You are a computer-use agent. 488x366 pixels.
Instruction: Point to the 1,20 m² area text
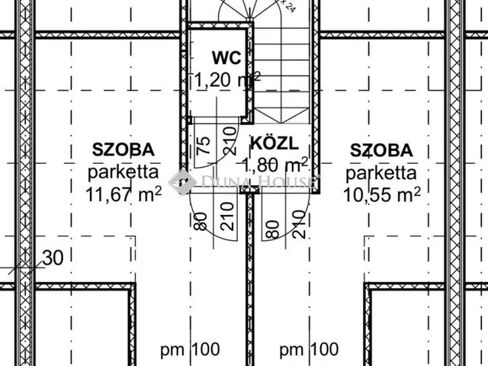coord(226,79)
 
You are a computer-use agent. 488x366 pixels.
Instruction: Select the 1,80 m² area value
coord(274,164)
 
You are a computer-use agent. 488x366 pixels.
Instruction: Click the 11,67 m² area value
coord(124,193)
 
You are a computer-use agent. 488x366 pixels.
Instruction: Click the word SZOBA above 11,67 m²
coord(123,149)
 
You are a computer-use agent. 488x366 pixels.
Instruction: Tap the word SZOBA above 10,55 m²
coord(383,149)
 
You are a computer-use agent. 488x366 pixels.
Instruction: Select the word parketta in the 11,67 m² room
coord(123,171)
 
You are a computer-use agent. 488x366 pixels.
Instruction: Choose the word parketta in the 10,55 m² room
coord(383,171)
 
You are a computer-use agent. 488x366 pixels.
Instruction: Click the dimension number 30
coord(53,258)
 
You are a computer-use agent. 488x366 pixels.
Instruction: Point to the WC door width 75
coord(204,146)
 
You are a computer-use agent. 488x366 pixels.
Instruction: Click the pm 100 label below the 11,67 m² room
coord(189,350)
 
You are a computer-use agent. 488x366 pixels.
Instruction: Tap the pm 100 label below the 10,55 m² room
coord(309,350)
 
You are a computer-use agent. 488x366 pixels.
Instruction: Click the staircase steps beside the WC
coord(282,69)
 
